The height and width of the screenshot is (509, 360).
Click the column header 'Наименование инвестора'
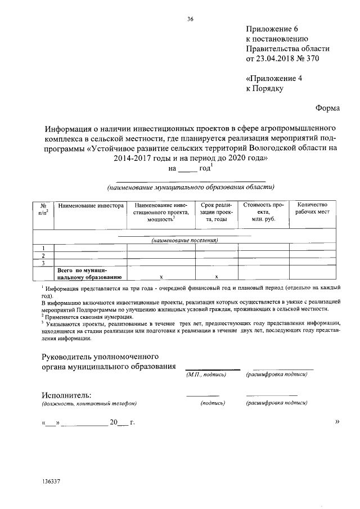[x=91, y=206]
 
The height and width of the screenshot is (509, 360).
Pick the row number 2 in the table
[x=43, y=255]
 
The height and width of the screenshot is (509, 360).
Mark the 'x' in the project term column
[x=217, y=277]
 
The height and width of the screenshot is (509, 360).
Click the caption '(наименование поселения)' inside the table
[x=184, y=240]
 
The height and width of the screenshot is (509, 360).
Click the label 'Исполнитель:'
[x=66, y=394]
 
